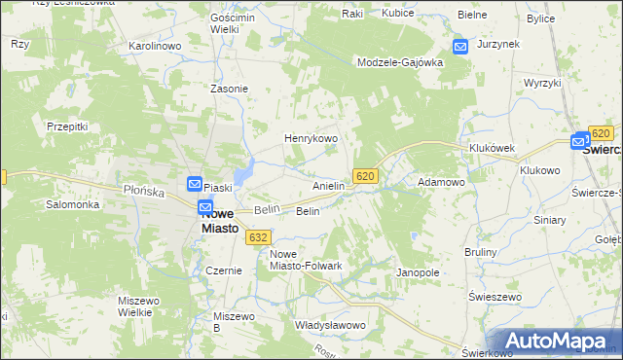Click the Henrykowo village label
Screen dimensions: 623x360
tap(311, 139)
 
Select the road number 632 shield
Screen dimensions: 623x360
tap(258, 236)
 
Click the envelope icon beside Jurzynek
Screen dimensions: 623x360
tap(460, 46)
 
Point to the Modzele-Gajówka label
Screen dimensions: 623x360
tap(400, 61)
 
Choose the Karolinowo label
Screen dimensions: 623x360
tap(156, 46)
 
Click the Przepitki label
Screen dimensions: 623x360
tap(68, 126)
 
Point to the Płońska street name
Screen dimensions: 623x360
tap(142, 191)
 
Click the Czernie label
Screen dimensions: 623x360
tap(223, 270)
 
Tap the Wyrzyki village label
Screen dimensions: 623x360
tap(542, 83)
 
